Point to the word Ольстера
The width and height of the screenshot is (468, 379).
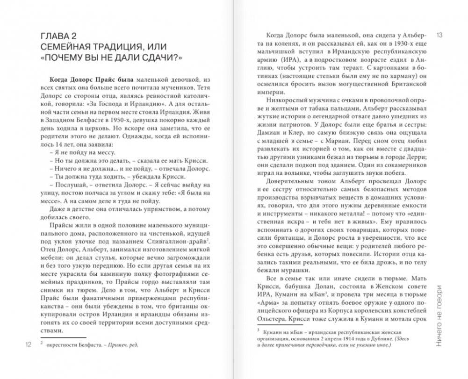272,320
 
